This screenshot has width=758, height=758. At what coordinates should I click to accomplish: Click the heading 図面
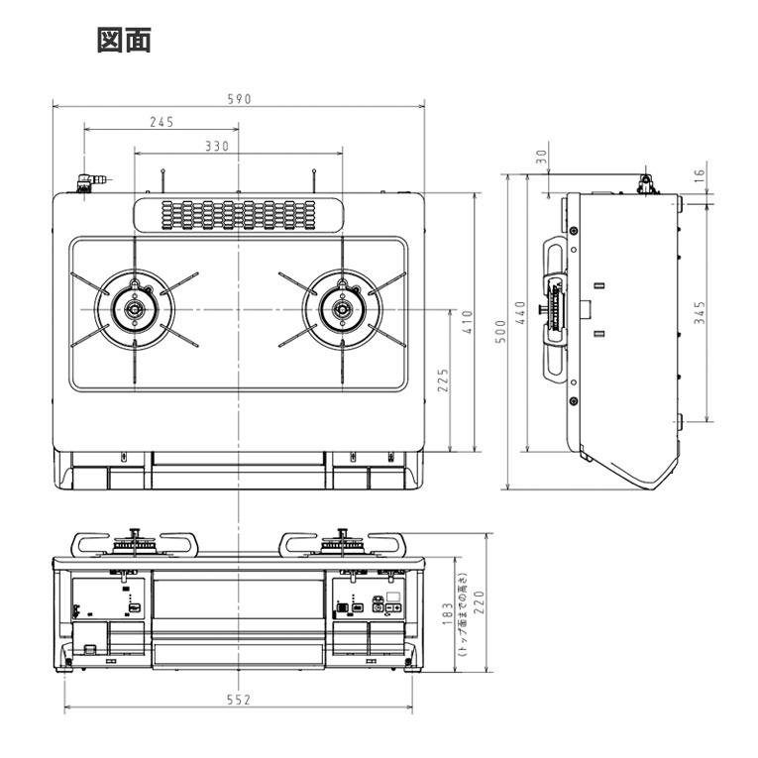pos(123,41)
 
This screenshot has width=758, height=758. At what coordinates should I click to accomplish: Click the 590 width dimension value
pos(239,98)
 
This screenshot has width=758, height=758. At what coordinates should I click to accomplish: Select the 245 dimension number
pos(162,122)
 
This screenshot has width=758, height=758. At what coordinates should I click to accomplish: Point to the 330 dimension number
pos(217,146)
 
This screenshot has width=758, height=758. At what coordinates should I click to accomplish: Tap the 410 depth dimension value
pos(467,323)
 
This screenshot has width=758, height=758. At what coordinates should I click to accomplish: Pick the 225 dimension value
pos(443,380)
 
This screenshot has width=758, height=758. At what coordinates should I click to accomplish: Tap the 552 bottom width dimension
pos(238,700)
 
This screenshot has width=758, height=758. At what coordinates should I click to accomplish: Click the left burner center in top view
pos(133,311)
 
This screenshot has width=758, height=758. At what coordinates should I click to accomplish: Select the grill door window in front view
pos(238,598)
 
